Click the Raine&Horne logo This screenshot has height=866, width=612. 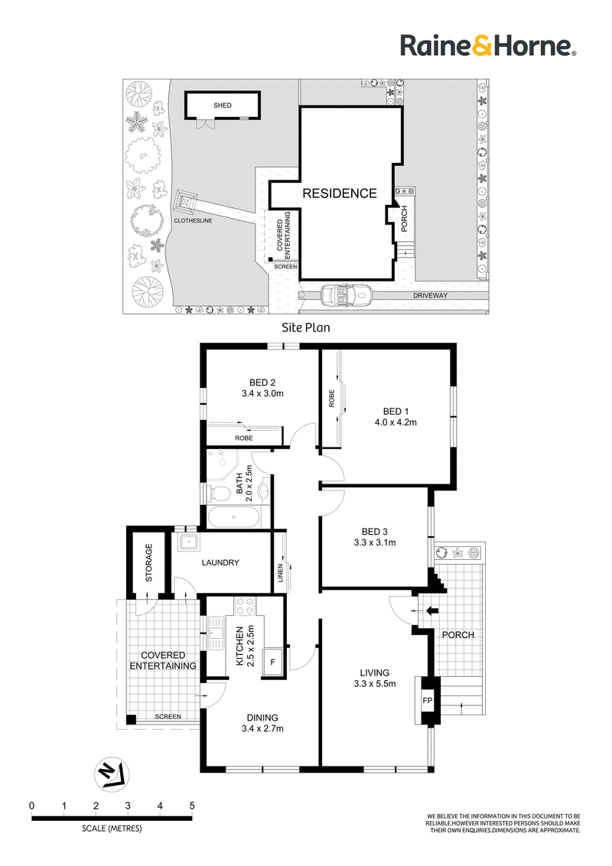click(488, 45)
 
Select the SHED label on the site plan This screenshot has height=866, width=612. click(223, 105)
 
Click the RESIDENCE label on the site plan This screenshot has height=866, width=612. click(340, 194)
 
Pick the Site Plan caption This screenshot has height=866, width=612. click(306, 327)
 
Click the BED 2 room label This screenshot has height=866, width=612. click(262, 383)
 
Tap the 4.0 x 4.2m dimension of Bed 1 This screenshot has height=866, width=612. click(396, 422)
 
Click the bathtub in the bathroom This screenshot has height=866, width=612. click(233, 517)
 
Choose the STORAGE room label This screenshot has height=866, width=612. click(148, 562)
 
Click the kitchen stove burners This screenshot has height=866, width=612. click(245, 605)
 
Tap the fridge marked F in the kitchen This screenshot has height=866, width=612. click(273, 661)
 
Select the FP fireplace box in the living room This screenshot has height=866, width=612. click(428, 700)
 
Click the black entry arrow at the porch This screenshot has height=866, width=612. click(432, 610)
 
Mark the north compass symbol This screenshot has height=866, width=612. click(112, 773)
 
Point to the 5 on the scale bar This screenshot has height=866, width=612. click(192, 806)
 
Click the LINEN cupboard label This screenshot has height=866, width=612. click(280, 573)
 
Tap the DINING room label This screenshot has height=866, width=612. click(262, 718)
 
